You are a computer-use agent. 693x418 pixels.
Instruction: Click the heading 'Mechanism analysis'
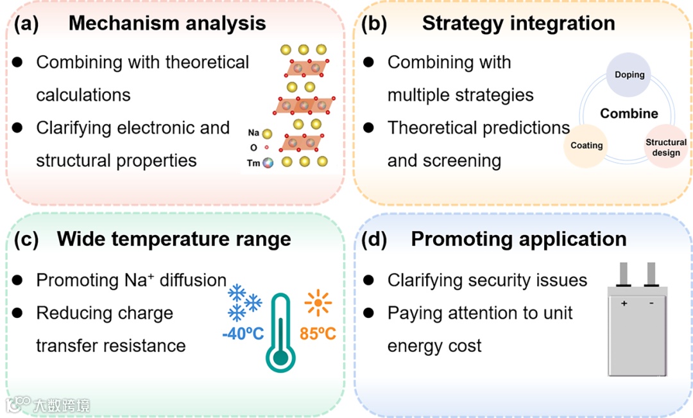coord(167,24)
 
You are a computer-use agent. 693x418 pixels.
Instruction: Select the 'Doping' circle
coord(629,74)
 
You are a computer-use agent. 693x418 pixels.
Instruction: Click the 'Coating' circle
coord(586,146)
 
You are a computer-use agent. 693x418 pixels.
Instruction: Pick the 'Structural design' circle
coord(666,147)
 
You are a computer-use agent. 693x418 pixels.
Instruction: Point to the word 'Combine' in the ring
coord(629,114)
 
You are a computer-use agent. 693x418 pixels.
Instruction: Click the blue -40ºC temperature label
coord(243,335)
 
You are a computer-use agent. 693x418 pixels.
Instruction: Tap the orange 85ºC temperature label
coord(318,335)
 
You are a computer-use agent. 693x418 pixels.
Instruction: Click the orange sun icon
coord(318,302)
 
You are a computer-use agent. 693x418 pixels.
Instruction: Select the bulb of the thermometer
coord(281,357)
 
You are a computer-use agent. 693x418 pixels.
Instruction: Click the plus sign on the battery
coord(624,303)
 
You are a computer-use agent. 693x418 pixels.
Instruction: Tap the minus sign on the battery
coord(652,303)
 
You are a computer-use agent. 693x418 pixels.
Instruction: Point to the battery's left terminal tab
coord(623,274)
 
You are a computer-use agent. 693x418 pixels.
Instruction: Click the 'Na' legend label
coord(253,134)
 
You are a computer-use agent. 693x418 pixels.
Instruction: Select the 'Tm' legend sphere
coord(267,163)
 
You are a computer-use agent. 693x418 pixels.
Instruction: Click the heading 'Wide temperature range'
coord(174,239)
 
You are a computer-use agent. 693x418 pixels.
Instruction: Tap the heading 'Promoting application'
coord(518,239)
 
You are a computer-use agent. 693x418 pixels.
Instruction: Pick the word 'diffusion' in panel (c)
coord(194,281)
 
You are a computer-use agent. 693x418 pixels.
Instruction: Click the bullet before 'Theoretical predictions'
coord(368,127)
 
